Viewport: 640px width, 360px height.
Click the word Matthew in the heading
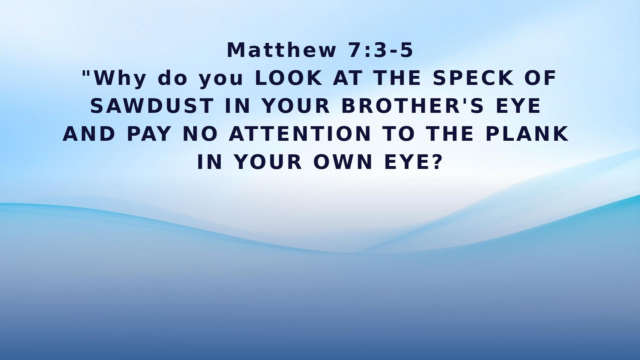tap(281, 50)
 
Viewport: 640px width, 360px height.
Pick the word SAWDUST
tap(152, 106)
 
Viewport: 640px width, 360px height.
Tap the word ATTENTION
tap(300, 134)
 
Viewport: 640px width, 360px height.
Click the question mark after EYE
tap(437, 162)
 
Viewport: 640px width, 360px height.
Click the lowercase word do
tap(172, 79)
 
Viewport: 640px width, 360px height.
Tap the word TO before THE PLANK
tap(399, 134)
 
